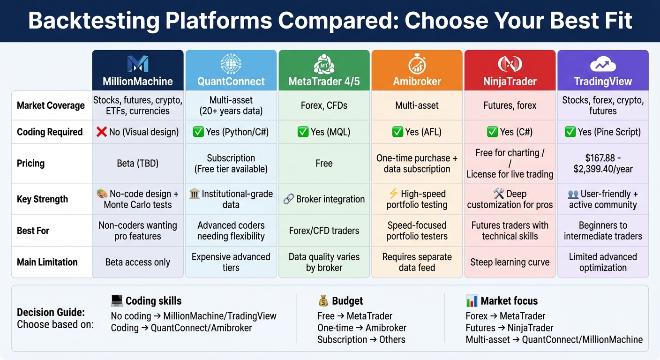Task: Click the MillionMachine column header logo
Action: (x=137, y=64)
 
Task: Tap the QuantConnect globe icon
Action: (x=231, y=63)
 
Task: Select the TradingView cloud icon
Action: (x=603, y=64)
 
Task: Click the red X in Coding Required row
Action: (x=101, y=132)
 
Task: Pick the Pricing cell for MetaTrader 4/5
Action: (x=324, y=163)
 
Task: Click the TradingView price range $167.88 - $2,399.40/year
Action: (x=603, y=163)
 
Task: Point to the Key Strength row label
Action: (x=42, y=199)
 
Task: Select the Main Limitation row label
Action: (x=47, y=262)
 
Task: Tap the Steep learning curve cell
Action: (x=510, y=262)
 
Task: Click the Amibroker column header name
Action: (x=417, y=82)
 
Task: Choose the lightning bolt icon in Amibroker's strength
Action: (x=393, y=194)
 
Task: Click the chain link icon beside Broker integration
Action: (x=289, y=199)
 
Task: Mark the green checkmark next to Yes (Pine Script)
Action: (x=570, y=132)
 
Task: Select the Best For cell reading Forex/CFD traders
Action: (x=324, y=231)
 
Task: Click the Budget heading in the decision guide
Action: (x=347, y=301)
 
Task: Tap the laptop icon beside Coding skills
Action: (x=117, y=300)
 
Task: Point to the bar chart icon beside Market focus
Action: (x=472, y=301)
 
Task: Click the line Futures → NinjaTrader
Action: (x=510, y=328)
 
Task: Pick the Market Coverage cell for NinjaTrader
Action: (x=510, y=105)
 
